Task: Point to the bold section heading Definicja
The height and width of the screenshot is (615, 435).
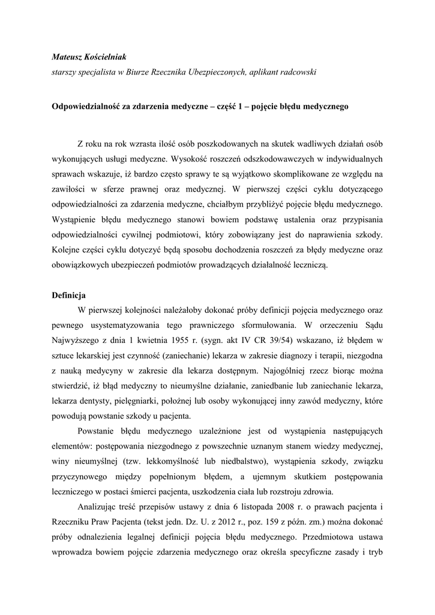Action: pos(70,295)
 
